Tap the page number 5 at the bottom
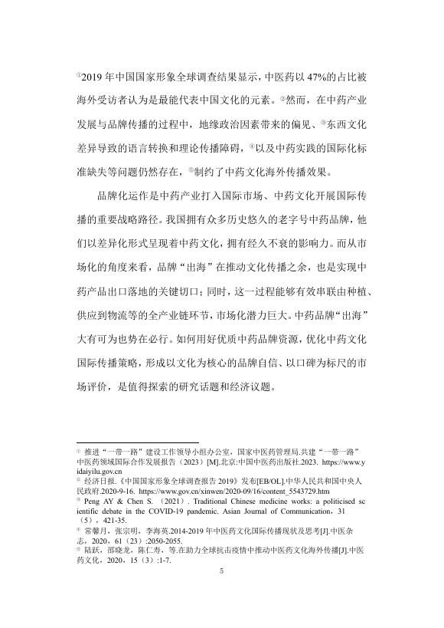(x=222, y=592)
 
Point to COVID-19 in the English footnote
(x=163, y=508)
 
